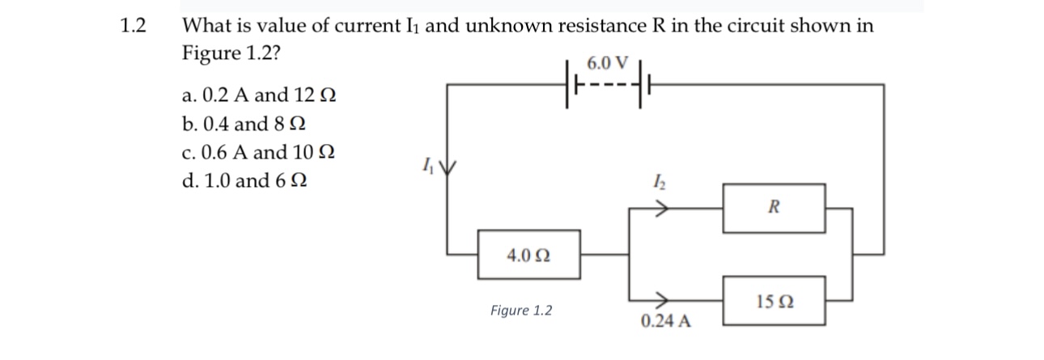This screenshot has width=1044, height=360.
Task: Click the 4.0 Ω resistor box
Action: [x=528, y=255]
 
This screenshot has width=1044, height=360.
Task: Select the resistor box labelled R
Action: [x=774, y=207]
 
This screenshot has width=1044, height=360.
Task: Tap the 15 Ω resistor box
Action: [x=774, y=301]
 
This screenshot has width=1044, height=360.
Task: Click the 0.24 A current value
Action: [x=665, y=321]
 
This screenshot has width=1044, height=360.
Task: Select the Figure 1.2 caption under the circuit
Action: [x=521, y=311]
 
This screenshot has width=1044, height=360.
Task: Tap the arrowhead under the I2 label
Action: [x=661, y=208]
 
